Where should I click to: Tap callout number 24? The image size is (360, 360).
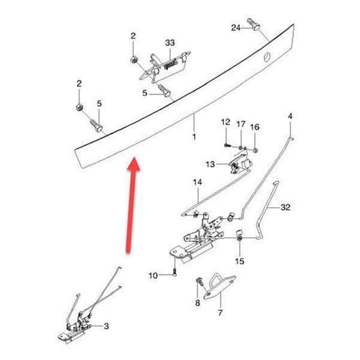tap(235, 28)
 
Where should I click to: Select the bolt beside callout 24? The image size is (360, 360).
tap(253, 25)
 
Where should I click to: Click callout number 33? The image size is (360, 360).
tap(170, 43)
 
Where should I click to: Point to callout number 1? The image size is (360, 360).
tap(194, 137)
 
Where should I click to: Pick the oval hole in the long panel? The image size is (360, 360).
tap(267, 57)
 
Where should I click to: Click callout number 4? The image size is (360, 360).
tap(290, 116)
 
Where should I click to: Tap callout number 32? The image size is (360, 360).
tap(285, 207)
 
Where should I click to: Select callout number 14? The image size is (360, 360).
tap(197, 182)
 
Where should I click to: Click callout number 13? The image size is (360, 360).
tap(210, 164)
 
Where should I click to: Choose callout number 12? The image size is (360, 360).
tap(225, 122)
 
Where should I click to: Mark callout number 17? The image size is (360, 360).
tap(241, 124)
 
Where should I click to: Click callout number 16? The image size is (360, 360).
tap(255, 127)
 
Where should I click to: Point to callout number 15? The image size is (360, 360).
tap(240, 261)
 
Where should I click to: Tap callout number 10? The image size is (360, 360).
tap(153, 276)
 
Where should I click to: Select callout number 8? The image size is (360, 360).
tap(198, 303)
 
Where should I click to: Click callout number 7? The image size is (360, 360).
tap(220, 313)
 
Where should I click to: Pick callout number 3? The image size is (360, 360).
tap(106, 326)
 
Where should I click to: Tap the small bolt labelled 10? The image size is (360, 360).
tap(174, 273)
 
